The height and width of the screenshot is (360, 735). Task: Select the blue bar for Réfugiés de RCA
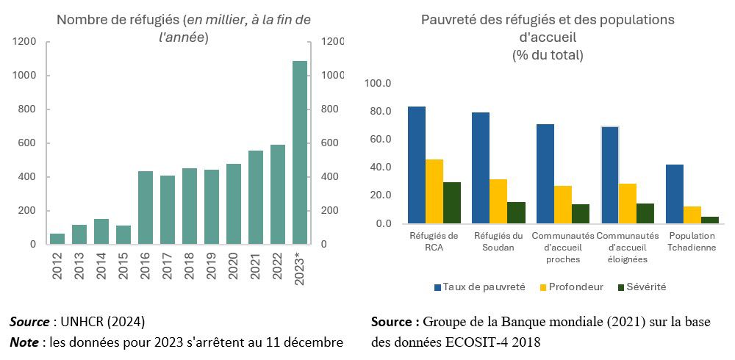417,165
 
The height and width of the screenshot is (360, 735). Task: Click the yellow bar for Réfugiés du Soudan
499,201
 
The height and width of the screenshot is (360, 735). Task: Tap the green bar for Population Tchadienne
710,220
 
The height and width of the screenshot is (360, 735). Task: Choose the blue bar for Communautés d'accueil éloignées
611,175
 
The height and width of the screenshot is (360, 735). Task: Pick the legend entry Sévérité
641,287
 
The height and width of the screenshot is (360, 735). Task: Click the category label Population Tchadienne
692,242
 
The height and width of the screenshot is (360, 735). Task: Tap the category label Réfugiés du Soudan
498,242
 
